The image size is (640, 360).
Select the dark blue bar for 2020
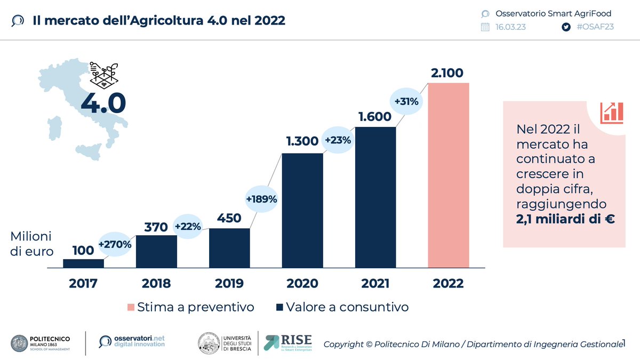(302, 210)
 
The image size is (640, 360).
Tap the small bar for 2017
(83, 263)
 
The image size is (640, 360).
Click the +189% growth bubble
(261, 199)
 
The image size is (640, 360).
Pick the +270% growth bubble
(114, 245)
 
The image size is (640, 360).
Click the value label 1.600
(375, 116)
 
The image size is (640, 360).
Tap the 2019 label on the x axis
(229, 283)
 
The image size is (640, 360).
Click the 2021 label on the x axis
(375, 283)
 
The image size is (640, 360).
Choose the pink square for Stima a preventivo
(131, 308)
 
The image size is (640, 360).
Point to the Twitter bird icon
(566, 27)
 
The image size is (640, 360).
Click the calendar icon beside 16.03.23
(485, 27)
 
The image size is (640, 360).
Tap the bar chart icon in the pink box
(611, 113)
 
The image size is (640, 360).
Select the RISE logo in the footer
(289, 342)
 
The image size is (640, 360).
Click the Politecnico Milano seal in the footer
(20, 343)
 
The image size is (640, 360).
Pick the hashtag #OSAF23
(595, 27)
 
